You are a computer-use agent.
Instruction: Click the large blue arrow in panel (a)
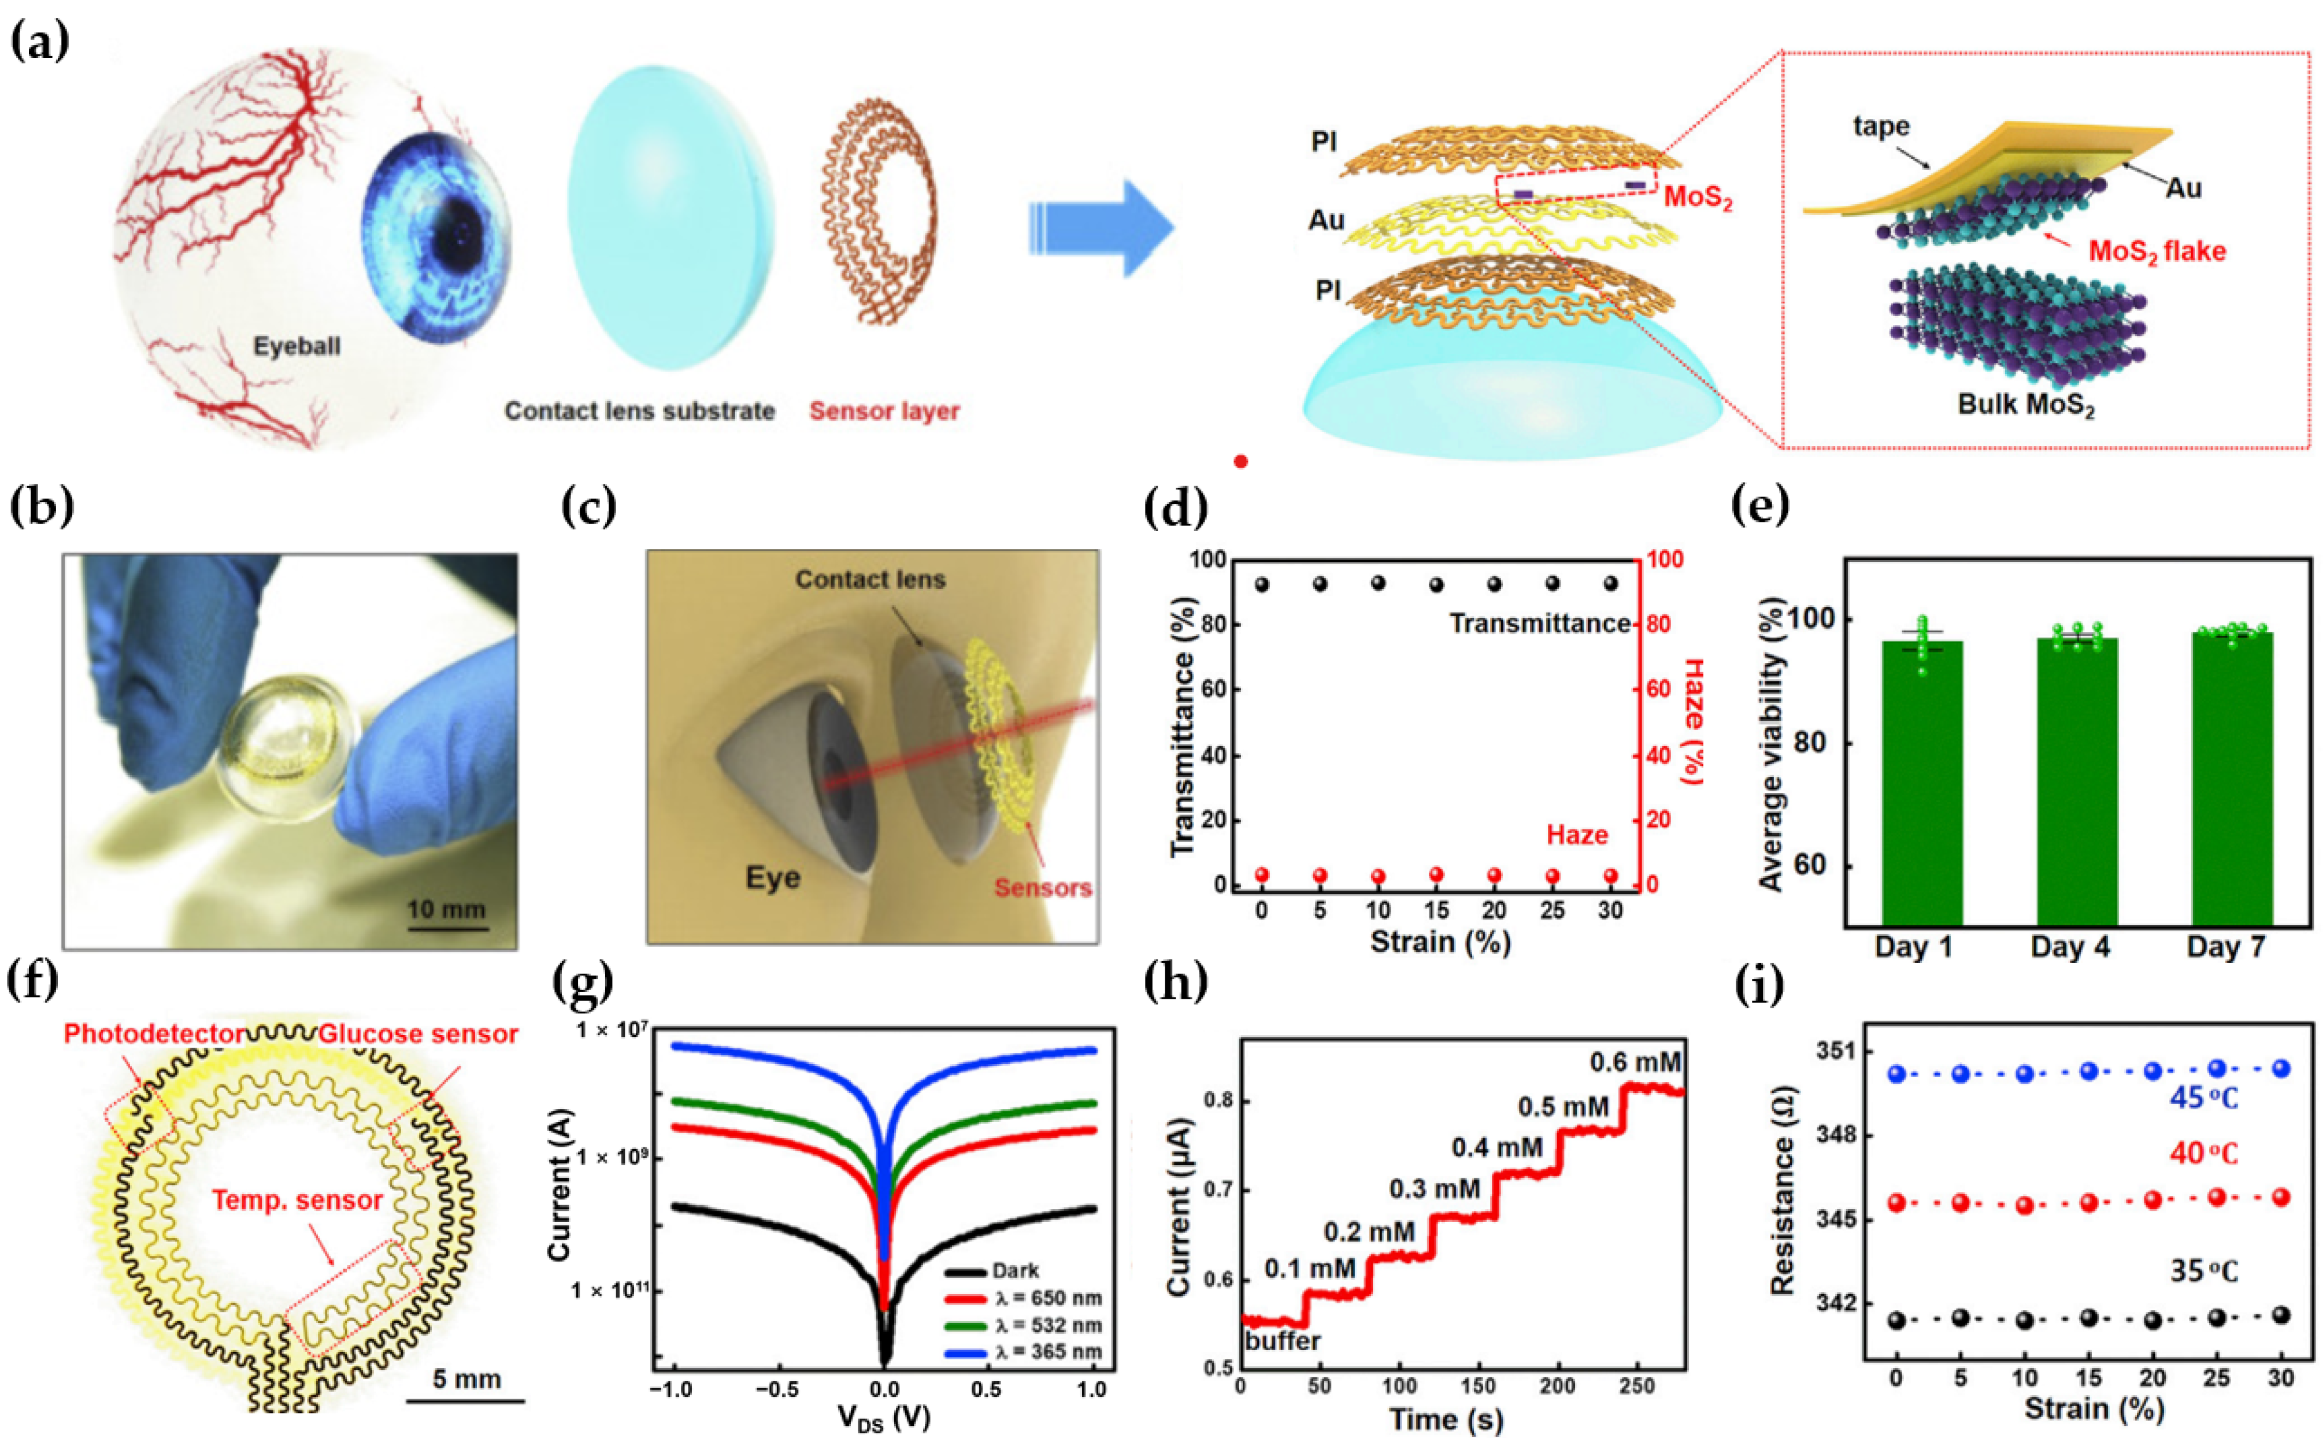(1103, 230)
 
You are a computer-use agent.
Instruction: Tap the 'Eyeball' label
(297, 346)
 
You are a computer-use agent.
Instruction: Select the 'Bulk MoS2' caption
(2025, 404)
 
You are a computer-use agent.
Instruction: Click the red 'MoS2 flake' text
(2157, 251)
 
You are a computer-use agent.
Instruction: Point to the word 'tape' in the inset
(1881, 127)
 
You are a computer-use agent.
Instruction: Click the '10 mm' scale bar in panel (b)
(446, 910)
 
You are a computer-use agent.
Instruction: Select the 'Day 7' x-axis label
(2225, 947)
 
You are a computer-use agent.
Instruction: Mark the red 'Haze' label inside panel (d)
(1577, 835)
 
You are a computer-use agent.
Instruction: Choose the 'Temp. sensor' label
(297, 1200)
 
